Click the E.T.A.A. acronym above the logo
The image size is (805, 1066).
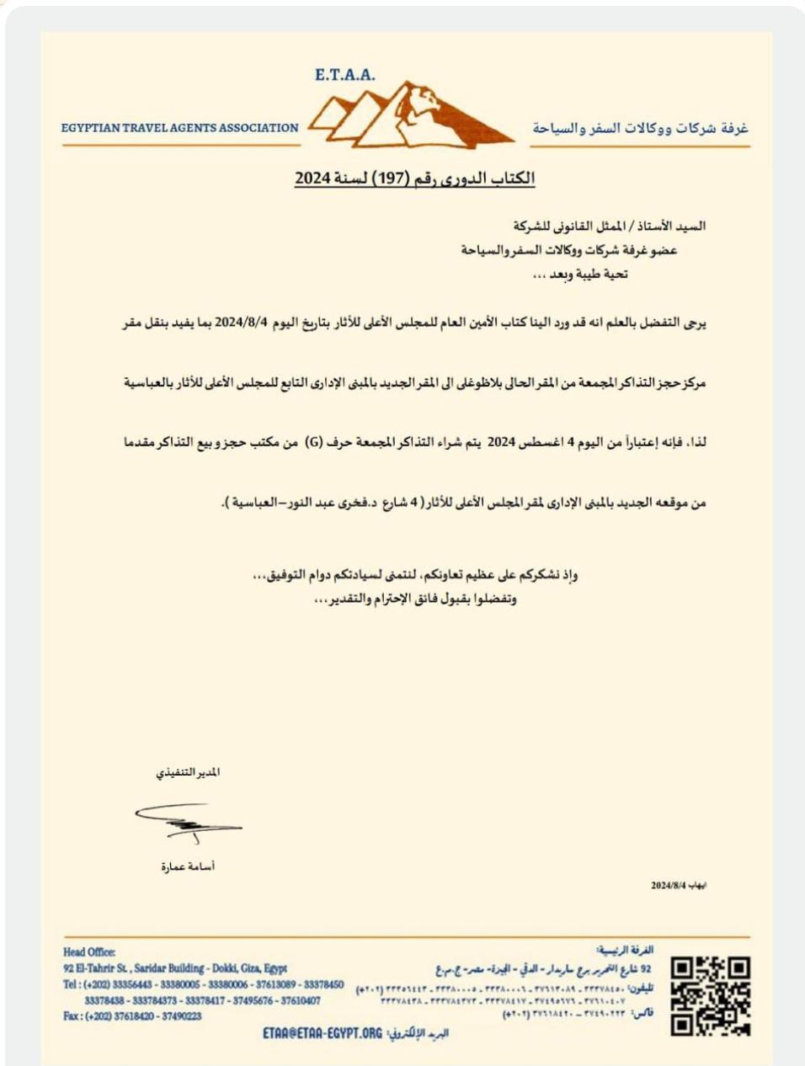[345, 75]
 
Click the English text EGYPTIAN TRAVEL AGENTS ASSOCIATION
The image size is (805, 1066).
[179, 128]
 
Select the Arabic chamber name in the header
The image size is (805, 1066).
[641, 128]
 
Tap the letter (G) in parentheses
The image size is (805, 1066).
[312, 441]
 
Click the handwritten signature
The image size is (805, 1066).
[188, 820]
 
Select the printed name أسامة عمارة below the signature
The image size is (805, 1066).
[188, 866]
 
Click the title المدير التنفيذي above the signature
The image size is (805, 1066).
[188, 772]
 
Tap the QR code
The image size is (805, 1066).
[711, 995]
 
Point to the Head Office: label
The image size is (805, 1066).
[89, 952]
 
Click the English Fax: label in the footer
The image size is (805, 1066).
[72, 1016]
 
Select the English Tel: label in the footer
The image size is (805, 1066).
[72, 984]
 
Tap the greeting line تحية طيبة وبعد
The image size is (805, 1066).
[581, 274]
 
